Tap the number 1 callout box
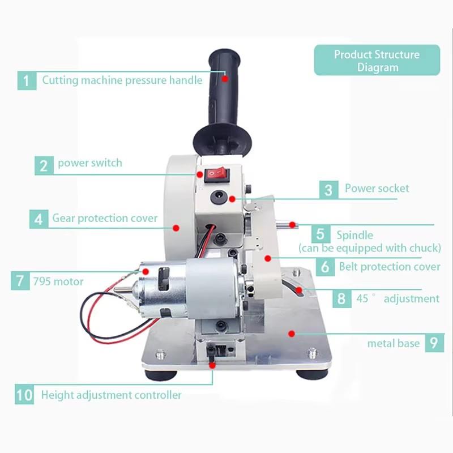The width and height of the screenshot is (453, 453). point(26,80)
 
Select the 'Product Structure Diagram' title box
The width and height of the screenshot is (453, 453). point(377,61)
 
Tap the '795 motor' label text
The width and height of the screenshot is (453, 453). point(58,281)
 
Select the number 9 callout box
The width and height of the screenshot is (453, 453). point(433,343)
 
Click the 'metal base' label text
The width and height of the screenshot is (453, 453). point(394,343)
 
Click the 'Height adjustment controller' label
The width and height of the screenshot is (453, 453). point(111,395)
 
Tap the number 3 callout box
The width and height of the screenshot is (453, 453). point(328,189)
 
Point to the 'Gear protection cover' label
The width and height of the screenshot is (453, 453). point(105,218)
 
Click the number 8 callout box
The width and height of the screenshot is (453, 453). point(341,298)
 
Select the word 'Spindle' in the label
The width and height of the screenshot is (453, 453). point(354,234)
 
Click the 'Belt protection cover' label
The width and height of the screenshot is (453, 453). point(390,266)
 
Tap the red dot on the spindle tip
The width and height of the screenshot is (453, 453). point(292,225)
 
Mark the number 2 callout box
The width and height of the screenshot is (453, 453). point(44,165)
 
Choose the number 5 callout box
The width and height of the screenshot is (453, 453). point(320,234)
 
